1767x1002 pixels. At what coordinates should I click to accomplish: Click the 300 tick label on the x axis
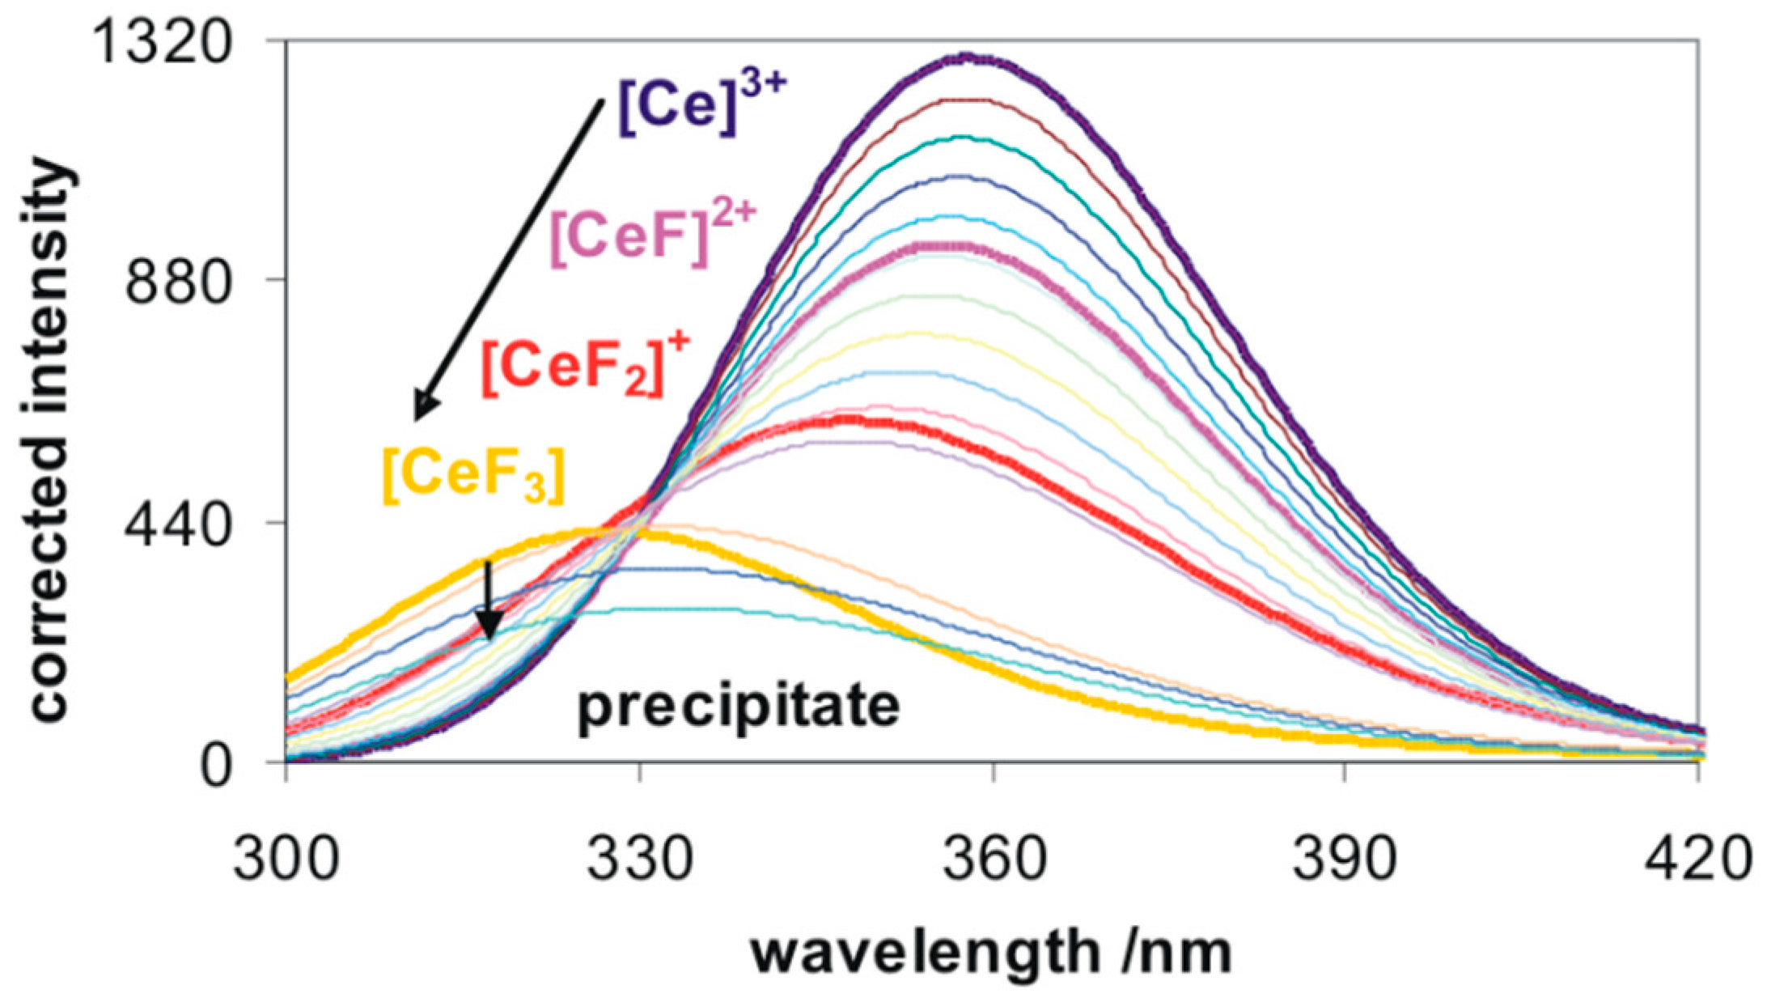[x=286, y=860]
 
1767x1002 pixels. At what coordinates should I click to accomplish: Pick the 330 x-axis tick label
[x=640, y=860]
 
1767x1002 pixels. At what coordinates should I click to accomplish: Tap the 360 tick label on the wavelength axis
[x=993, y=860]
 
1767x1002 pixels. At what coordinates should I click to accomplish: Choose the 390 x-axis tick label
[x=1345, y=860]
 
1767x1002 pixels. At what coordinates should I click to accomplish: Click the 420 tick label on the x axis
[x=1697, y=860]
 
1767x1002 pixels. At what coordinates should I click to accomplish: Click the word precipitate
[x=738, y=706]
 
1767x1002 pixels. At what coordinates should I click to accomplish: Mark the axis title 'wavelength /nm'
[x=991, y=953]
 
